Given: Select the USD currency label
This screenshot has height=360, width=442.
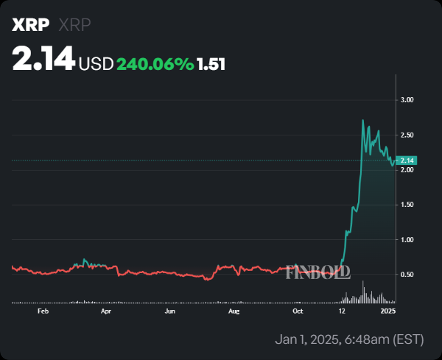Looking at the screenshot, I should click(x=96, y=64).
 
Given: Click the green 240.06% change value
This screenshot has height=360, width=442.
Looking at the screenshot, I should click(x=155, y=64).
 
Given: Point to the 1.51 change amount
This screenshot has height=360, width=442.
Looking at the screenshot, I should click(x=211, y=64).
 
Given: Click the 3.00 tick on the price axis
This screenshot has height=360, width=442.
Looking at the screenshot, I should click(x=407, y=99).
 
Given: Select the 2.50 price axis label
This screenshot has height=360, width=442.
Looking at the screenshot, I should click(x=407, y=135).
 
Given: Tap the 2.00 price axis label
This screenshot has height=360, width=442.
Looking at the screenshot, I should click(x=407, y=170).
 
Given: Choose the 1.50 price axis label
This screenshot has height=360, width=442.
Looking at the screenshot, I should click(x=407, y=205).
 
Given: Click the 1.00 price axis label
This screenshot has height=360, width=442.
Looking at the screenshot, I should click(x=407, y=240).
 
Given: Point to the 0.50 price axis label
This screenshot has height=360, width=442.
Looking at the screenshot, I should click(x=407, y=275).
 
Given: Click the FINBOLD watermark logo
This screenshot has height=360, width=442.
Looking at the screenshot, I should click(x=317, y=271).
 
